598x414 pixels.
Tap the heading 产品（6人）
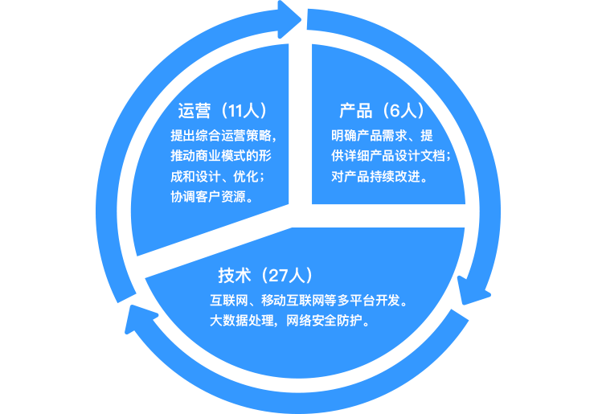pyautogui.click(x=381, y=111)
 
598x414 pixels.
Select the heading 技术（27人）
pyautogui.click(x=264, y=276)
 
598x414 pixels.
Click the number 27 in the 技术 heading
pyautogui.click(x=279, y=276)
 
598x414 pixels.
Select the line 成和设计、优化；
pyautogui.click(x=219, y=176)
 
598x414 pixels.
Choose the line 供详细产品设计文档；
pyautogui.click(x=391, y=155)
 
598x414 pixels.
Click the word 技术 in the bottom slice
pyautogui.click(x=233, y=276)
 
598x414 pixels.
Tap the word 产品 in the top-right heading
pyautogui.click(x=355, y=111)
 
